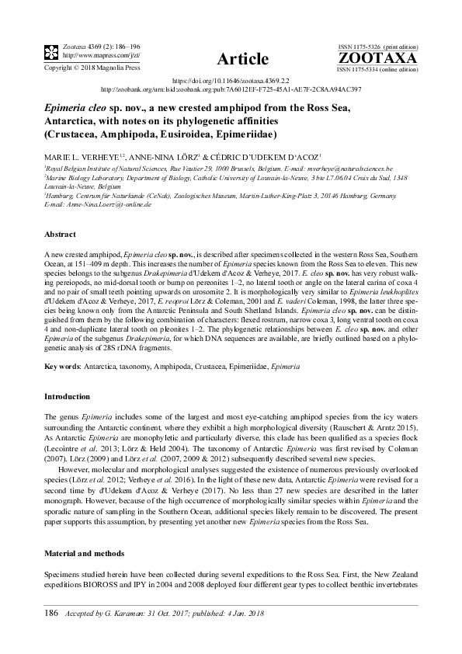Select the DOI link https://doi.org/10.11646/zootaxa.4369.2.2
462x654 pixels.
(x=231, y=80)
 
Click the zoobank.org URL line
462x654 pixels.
(x=231, y=89)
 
